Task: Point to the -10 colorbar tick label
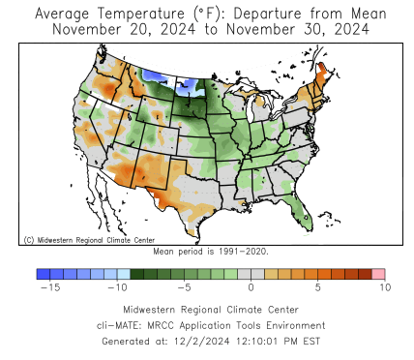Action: pos(117,287)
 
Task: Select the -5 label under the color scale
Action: pos(184,287)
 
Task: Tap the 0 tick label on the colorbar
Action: pos(251,287)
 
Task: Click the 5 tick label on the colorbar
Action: pos(317,287)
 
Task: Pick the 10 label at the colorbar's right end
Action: pos(384,287)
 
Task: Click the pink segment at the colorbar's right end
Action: pos(378,274)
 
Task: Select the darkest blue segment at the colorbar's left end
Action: pos(44,274)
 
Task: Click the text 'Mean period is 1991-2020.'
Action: pos(211,251)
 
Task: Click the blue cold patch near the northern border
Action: pos(155,75)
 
